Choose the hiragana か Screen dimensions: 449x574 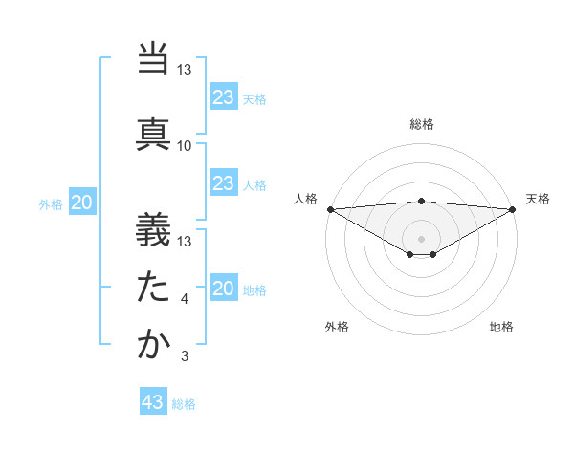point(153,345)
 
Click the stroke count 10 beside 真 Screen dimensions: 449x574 point(185,146)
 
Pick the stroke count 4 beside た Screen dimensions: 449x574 point(185,300)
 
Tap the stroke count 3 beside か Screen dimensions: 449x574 point(185,357)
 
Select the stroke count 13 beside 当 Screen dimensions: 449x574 point(185,70)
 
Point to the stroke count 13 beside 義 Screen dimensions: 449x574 point(185,242)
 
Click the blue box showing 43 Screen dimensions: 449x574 point(153,402)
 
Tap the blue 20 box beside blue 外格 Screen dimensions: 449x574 point(82,203)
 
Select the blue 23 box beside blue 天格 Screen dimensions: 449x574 point(224,97)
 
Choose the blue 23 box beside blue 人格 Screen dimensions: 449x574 point(224,183)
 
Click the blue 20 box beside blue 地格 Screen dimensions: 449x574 point(224,289)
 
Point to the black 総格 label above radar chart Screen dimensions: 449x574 point(421,125)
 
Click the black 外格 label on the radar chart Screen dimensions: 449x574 point(337,328)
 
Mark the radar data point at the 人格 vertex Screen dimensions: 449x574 point(330,209)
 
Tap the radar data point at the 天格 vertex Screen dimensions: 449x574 point(513,209)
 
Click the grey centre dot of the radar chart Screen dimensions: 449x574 point(421,238)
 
